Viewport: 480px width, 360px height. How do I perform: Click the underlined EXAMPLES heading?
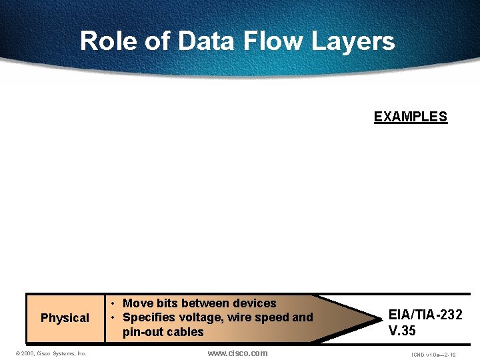410,117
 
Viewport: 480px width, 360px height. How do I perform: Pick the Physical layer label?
65,318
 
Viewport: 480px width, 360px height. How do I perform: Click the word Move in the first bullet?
138,303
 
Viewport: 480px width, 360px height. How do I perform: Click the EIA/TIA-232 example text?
425,315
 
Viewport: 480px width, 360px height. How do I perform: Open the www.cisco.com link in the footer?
237,353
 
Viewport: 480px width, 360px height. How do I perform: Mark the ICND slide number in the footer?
434,355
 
